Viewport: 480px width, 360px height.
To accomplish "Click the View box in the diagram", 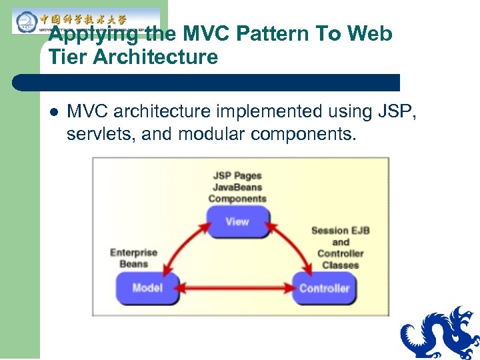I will point(237,221).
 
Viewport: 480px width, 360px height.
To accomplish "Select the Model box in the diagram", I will point(147,288).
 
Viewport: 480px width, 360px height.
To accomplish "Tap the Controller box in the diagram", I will point(324,288).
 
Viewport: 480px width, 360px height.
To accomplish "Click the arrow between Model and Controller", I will point(236,289).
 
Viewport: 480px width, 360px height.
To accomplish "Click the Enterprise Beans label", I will point(133,258).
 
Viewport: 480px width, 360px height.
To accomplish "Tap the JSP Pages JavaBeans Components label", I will point(237,187).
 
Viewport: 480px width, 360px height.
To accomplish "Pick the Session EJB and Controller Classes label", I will point(340,247).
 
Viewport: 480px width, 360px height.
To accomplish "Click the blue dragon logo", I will point(439,333).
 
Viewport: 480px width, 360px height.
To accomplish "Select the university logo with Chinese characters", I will point(86,21).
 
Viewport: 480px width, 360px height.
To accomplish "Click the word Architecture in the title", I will point(155,57).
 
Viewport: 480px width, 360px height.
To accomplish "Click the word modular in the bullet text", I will point(214,135).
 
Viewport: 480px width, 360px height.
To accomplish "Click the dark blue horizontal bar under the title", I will point(207,83).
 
